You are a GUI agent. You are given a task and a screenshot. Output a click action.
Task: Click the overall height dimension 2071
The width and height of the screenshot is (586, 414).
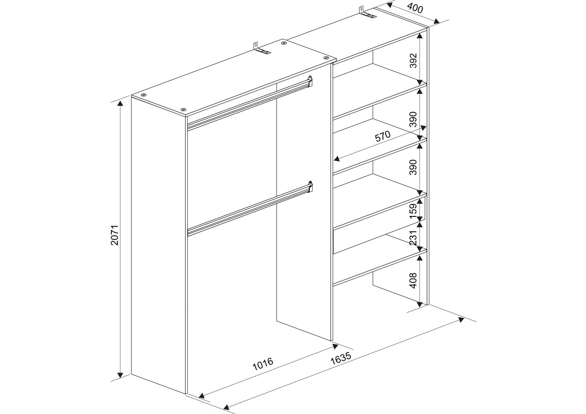click(x=115, y=235)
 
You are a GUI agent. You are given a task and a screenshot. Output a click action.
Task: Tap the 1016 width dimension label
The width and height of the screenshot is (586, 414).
click(x=263, y=363)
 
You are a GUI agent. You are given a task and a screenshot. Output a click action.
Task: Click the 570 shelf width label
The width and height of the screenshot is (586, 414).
click(x=383, y=136)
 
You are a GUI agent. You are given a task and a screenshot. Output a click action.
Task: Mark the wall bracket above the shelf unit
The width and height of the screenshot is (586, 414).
click(x=367, y=14)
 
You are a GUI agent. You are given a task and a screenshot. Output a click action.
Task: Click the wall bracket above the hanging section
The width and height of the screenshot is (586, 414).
click(x=262, y=49)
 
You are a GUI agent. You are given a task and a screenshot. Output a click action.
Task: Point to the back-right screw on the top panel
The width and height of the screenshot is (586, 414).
click(x=283, y=43)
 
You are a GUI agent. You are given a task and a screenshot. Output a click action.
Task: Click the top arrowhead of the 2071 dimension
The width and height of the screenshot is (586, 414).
click(x=120, y=103)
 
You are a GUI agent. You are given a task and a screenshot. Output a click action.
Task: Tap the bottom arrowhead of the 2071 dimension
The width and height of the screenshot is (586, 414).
click(x=120, y=375)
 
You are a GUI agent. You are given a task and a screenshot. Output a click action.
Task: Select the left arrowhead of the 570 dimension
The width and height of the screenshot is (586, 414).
click(x=337, y=158)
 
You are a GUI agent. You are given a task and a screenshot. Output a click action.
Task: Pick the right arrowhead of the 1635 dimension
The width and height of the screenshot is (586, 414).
click(x=461, y=320)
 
